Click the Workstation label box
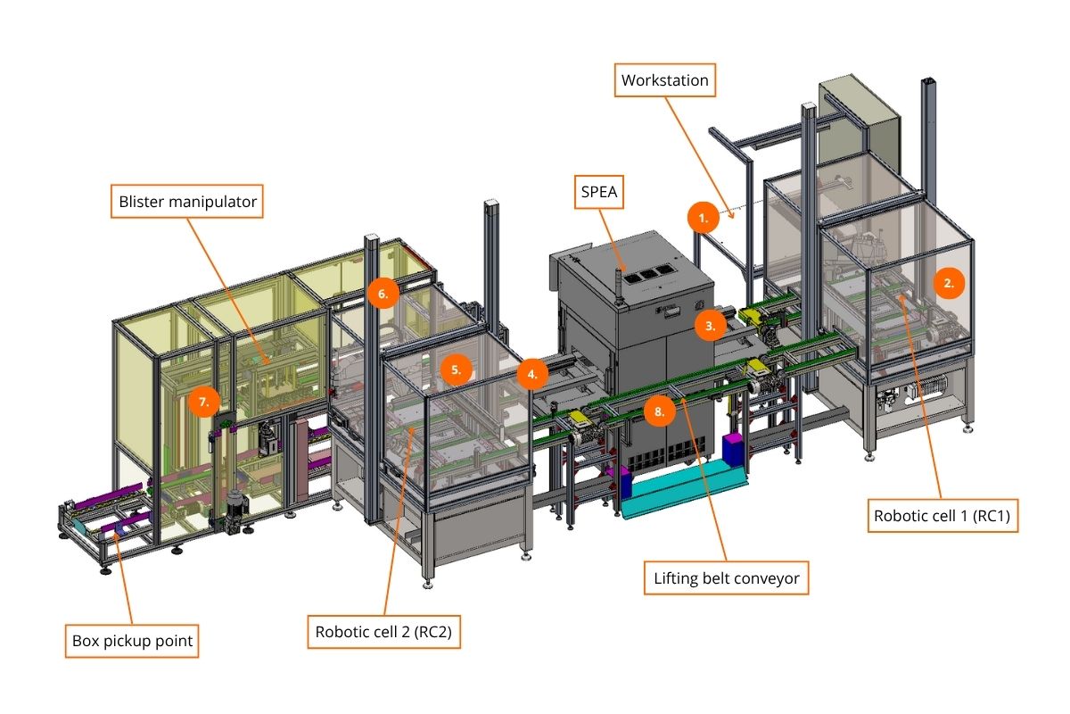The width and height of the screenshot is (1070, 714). tap(664, 80)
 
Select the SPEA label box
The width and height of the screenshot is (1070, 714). tap(598, 192)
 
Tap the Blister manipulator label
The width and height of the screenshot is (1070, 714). tap(186, 202)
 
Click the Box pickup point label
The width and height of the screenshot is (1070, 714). tap(132, 641)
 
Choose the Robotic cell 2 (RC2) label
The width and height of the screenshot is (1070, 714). tap(383, 632)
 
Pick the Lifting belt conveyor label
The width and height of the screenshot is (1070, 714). tap(726, 578)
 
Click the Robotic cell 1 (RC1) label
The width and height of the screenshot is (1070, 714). tap(942, 516)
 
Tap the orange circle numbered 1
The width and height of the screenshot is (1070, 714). tap(704, 218)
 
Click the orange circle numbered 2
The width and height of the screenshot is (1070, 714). tap(949, 283)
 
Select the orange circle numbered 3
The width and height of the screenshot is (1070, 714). tap(711, 326)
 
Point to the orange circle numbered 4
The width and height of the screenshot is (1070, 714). tap(532, 375)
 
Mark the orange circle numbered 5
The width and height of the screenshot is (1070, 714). tap(457, 369)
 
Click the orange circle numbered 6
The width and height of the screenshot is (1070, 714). tap(383, 294)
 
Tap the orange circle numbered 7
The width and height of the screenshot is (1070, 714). tap(204, 402)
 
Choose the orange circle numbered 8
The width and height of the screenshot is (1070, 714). tap(659, 411)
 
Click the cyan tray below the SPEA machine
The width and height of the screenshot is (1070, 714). tap(683, 488)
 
